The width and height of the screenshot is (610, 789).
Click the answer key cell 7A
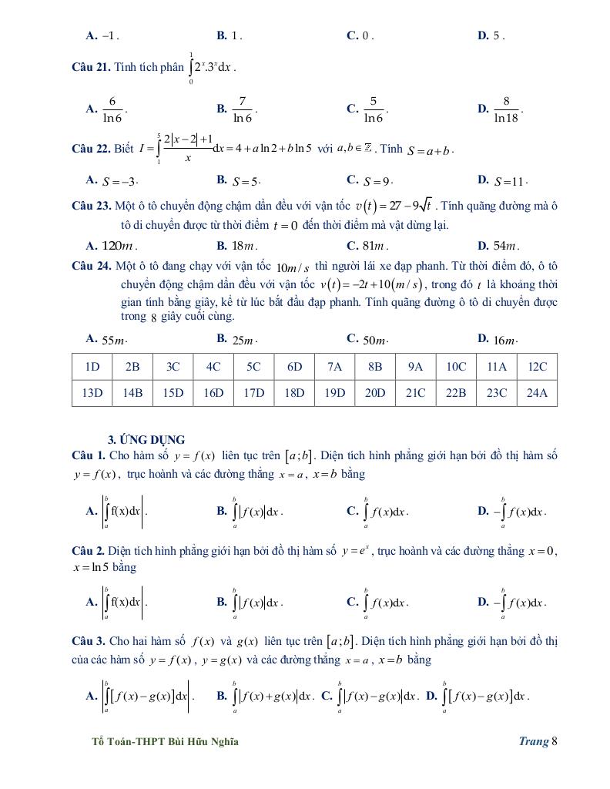[335, 367]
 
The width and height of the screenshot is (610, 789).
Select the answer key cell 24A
[537, 392]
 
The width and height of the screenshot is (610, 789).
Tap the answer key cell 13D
[92, 392]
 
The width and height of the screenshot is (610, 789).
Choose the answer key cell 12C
[537, 367]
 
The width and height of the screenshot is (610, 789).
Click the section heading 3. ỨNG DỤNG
[146, 439]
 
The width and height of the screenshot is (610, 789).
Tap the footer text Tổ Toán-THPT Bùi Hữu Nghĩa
[165, 741]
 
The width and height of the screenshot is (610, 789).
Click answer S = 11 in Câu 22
[511, 182]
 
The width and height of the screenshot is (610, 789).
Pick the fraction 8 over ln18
[507, 109]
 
